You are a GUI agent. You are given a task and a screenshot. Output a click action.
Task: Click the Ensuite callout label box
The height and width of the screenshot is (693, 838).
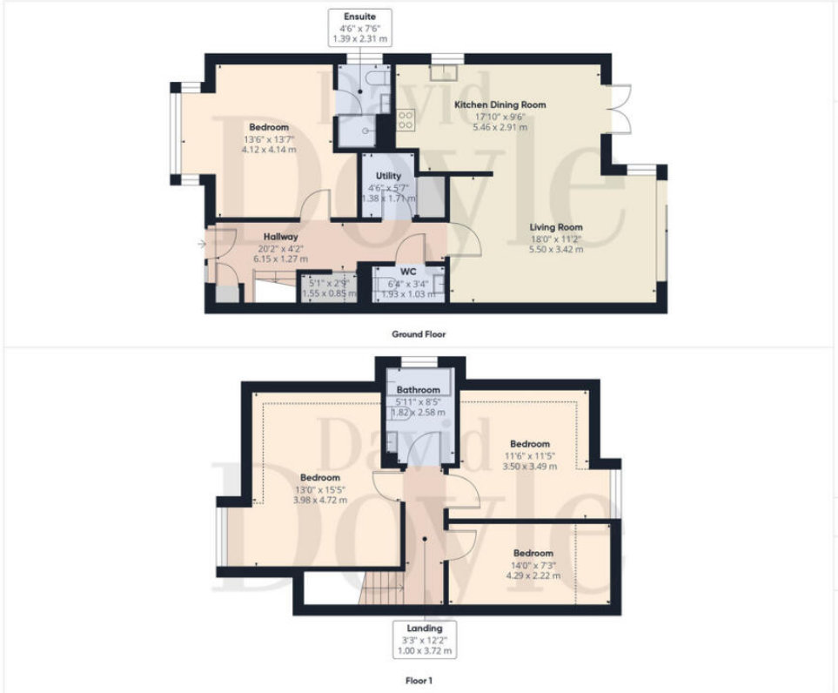point(359,27)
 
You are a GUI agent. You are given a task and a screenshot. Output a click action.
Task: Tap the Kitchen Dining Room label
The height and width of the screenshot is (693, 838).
point(499,104)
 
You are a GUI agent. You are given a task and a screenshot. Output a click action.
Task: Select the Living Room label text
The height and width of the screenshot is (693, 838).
point(556,226)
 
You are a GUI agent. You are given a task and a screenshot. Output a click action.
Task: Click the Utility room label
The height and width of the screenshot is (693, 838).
point(388,176)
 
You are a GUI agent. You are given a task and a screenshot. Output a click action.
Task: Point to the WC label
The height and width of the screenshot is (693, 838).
point(408,272)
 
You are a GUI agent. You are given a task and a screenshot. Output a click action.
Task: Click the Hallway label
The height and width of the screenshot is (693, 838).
point(280,237)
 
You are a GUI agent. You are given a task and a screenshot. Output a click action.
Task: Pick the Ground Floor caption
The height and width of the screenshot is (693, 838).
point(419,334)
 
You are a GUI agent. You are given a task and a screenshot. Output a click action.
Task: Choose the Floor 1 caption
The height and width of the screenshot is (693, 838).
point(419,681)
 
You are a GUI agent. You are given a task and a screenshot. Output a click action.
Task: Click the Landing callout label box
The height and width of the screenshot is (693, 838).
point(425,640)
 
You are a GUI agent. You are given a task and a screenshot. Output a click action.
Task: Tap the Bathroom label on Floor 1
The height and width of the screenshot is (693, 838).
point(419,390)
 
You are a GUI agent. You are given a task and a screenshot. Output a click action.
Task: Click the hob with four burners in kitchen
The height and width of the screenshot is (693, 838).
point(406,119)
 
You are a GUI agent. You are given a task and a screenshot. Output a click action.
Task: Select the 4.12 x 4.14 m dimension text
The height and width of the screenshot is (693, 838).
point(269,150)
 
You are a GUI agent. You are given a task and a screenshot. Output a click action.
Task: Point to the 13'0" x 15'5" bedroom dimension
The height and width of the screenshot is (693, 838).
point(320,489)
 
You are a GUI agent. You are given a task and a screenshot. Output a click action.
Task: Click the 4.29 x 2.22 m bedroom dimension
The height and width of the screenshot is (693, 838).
point(533,575)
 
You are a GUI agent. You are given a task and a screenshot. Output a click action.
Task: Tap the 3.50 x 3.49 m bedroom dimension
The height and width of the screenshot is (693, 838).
point(530,467)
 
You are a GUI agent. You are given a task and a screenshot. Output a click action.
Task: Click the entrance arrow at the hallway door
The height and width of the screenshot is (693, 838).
point(202,245)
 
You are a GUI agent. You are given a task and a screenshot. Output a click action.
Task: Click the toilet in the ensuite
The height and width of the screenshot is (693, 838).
point(378,78)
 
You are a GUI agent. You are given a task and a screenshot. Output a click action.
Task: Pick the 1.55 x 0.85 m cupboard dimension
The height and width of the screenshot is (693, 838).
point(329,293)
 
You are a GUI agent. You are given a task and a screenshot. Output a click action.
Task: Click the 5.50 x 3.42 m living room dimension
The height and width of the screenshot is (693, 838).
point(556,250)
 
